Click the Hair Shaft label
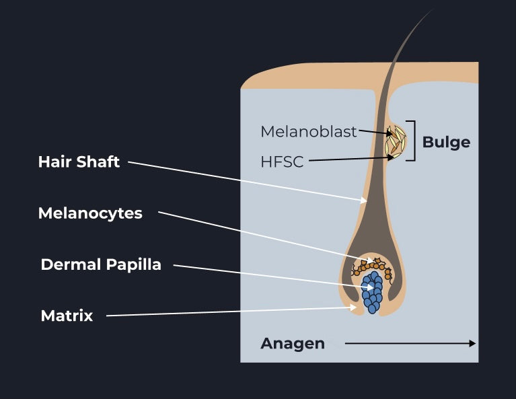tap(79, 161)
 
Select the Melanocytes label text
tap(90, 213)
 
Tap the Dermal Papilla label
tap(101, 264)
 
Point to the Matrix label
tap(67, 316)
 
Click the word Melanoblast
tap(309, 132)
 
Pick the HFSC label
tap(282, 162)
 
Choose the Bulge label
tap(446, 142)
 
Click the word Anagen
tap(293, 343)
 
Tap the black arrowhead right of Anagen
tap(472, 343)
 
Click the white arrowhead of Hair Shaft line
tap(364, 200)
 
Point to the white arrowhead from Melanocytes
tap(371, 260)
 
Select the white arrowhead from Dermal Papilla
tap(370, 287)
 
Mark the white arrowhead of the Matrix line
tap(353, 307)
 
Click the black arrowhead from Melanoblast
tap(390, 134)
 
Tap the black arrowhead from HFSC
tap(390, 157)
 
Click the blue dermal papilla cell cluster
tap(372, 292)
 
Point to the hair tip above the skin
tap(431, 11)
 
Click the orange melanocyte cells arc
tap(372, 265)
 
